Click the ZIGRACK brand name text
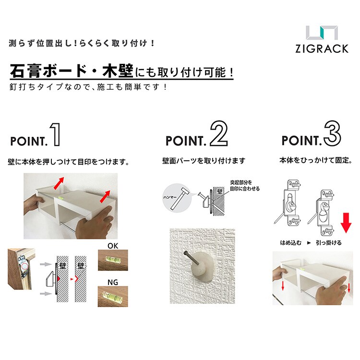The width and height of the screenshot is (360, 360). click(322, 48)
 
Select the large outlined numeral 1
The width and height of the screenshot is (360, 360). click(56, 134)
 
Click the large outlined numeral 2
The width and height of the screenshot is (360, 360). click(218, 133)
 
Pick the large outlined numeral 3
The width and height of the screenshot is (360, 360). click(332, 133)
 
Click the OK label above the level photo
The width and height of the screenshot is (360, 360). click(113, 246)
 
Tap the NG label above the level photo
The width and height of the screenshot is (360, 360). click(113, 282)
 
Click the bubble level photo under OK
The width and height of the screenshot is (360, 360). click(113, 260)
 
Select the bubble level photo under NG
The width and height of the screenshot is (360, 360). click(113, 297)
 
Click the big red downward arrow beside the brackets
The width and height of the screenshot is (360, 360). click(346, 223)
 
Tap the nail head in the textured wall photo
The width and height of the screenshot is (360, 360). click(185, 253)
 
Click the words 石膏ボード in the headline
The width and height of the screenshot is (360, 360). click(48, 72)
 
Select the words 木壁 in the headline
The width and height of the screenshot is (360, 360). click(118, 71)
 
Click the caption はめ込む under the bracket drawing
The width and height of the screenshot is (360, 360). click(291, 243)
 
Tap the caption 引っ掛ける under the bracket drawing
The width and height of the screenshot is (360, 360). click(328, 243)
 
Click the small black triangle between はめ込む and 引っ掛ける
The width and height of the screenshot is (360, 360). click(309, 243)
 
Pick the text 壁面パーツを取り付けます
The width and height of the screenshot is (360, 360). click(204, 161)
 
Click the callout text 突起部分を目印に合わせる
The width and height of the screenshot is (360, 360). click(245, 185)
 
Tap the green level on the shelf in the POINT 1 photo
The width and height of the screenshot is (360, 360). click(61, 197)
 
